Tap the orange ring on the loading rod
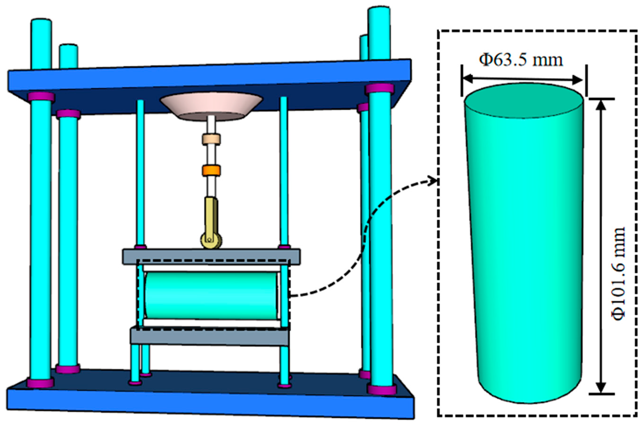(211, 171)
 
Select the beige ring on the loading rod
(211, 140)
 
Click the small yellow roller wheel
(211, 240)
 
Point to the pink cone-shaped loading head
(211, 106)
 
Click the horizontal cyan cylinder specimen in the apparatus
(211, 296)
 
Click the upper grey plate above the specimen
(211, 256)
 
